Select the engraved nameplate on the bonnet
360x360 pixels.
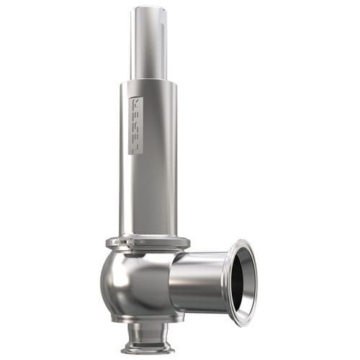point(135,125)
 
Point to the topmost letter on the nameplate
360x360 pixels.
point(135,103)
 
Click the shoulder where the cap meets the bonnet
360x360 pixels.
point(149,81)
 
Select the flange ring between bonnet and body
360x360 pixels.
point(148,243)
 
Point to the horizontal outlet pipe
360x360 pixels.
point(198,281)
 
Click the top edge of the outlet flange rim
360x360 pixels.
point(241,242)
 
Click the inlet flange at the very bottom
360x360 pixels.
point(147,349)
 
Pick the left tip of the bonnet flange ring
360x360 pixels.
point(107,243)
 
